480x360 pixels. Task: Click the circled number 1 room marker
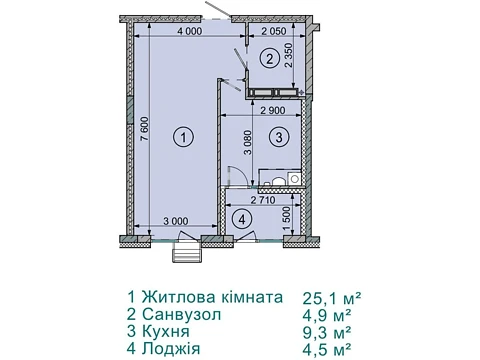[x=184, y=137]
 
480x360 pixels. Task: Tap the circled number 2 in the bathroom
[x=269, y=59]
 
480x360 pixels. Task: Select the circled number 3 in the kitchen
[x=279, y=137]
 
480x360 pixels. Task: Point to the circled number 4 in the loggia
[x=242, y=219]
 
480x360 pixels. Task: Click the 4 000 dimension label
[x=190, y=31]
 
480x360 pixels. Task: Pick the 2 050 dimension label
[x=274, y=31]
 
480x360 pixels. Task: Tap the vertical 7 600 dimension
[x=144, y=128]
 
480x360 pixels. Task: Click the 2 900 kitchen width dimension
[x=273, y=110]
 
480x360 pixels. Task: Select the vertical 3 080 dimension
[x=248, y=143]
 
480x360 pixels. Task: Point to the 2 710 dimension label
[x=263, y=200]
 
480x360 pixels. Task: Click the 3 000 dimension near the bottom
[x=176, y=221]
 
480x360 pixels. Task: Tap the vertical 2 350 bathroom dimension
[x=288, y=55]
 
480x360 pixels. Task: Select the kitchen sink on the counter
[x=295, y=178]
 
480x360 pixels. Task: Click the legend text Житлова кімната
[x=212, y=296]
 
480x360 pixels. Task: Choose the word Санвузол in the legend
[x=181, y=314]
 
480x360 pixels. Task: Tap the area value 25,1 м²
[x=332, y=298]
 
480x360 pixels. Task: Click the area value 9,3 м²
[x=327, y=332]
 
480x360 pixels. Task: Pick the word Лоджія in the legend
[x=171, y=349]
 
